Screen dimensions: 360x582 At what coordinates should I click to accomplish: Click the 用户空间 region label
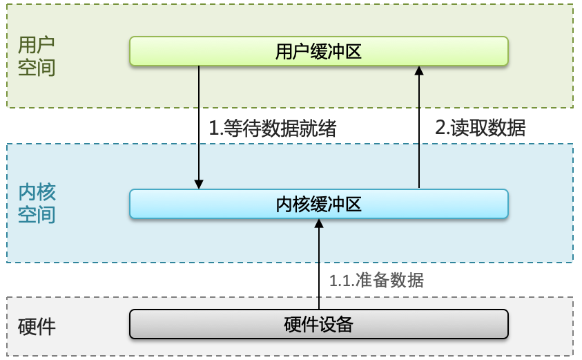point(37,56)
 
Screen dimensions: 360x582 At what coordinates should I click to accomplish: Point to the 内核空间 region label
point(37,204)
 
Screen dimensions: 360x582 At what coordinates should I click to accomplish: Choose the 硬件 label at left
point(37,326)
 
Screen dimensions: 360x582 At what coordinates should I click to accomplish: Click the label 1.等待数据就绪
point(273,128)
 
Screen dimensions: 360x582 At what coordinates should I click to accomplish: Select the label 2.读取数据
point(481,127)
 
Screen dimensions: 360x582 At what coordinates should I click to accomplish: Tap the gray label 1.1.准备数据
point(376,280)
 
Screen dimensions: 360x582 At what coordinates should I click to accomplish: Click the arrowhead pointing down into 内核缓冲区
point(199,184)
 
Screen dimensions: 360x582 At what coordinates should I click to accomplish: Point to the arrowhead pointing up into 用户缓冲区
point(418,70)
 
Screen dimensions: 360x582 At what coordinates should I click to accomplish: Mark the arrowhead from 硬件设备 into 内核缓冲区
point(319,225)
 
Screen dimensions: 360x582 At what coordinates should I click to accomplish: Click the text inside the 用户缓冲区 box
point(318,52)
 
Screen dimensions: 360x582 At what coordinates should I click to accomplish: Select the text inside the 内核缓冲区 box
point(318,204)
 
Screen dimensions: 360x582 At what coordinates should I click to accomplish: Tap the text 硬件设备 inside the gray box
point(318,323)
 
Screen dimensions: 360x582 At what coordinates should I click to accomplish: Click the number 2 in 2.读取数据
point(440,127)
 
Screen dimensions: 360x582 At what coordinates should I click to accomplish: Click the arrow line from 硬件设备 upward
point(319,269)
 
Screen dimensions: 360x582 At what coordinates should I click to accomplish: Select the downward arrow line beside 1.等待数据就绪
point(199,124)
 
